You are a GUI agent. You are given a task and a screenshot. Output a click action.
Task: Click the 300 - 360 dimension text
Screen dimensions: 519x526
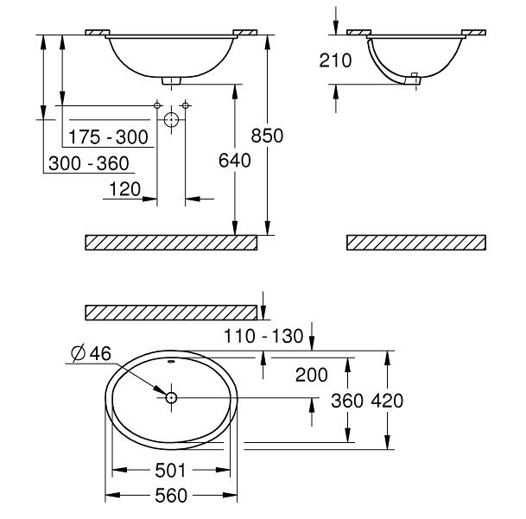(x=89, y=164)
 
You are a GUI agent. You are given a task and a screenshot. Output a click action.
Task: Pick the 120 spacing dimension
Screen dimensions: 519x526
(x=124, y=189)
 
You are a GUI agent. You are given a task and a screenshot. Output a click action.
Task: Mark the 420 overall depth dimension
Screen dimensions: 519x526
(x=387, y=401)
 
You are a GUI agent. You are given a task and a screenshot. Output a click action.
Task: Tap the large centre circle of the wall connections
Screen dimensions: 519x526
(x=172, y=118)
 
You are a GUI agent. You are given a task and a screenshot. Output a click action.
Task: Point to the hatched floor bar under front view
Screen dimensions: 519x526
(x=172, y=242)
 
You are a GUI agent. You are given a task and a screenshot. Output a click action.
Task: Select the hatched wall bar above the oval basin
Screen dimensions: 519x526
(x=172, y=311)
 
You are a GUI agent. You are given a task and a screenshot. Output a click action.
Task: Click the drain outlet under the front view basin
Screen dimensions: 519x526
(x=172, y=80)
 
